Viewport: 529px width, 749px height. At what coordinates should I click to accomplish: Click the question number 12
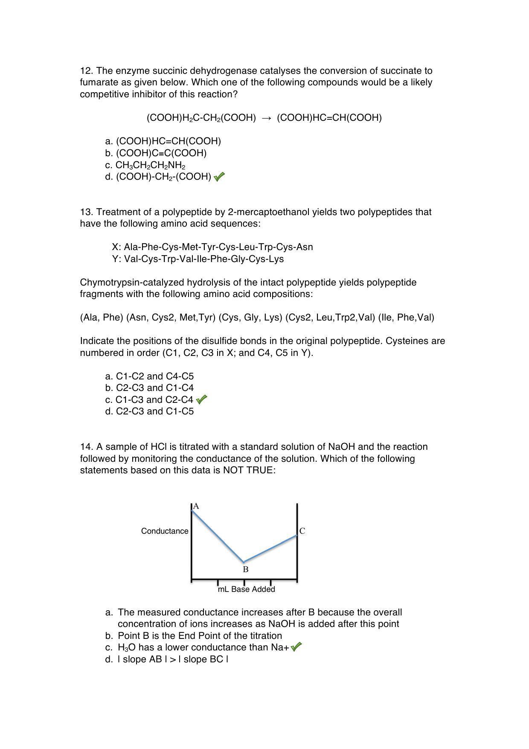point(86,71)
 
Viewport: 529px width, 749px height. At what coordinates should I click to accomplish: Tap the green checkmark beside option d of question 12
point(219,177)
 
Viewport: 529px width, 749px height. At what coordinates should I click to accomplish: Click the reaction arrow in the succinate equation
point(266,118)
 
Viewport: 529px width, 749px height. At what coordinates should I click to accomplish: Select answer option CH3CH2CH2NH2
point(150,165)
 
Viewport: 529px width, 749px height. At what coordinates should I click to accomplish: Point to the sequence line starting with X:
point(212,247)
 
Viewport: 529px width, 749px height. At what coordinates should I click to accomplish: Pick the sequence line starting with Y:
point(198,259)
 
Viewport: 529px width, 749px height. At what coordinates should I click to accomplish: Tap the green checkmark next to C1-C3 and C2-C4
point(201,399)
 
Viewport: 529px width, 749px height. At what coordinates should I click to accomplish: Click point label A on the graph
point(196,507)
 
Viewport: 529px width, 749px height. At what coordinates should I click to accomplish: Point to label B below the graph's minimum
point(246,569)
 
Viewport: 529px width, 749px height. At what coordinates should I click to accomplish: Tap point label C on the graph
point(302,531)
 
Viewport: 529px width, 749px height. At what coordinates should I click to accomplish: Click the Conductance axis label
point(165,531)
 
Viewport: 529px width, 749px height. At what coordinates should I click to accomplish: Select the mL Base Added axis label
point(246,589)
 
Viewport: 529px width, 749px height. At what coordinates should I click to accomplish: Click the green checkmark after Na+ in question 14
point(296,647)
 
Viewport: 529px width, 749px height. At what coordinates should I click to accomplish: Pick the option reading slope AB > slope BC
point(173,659)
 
